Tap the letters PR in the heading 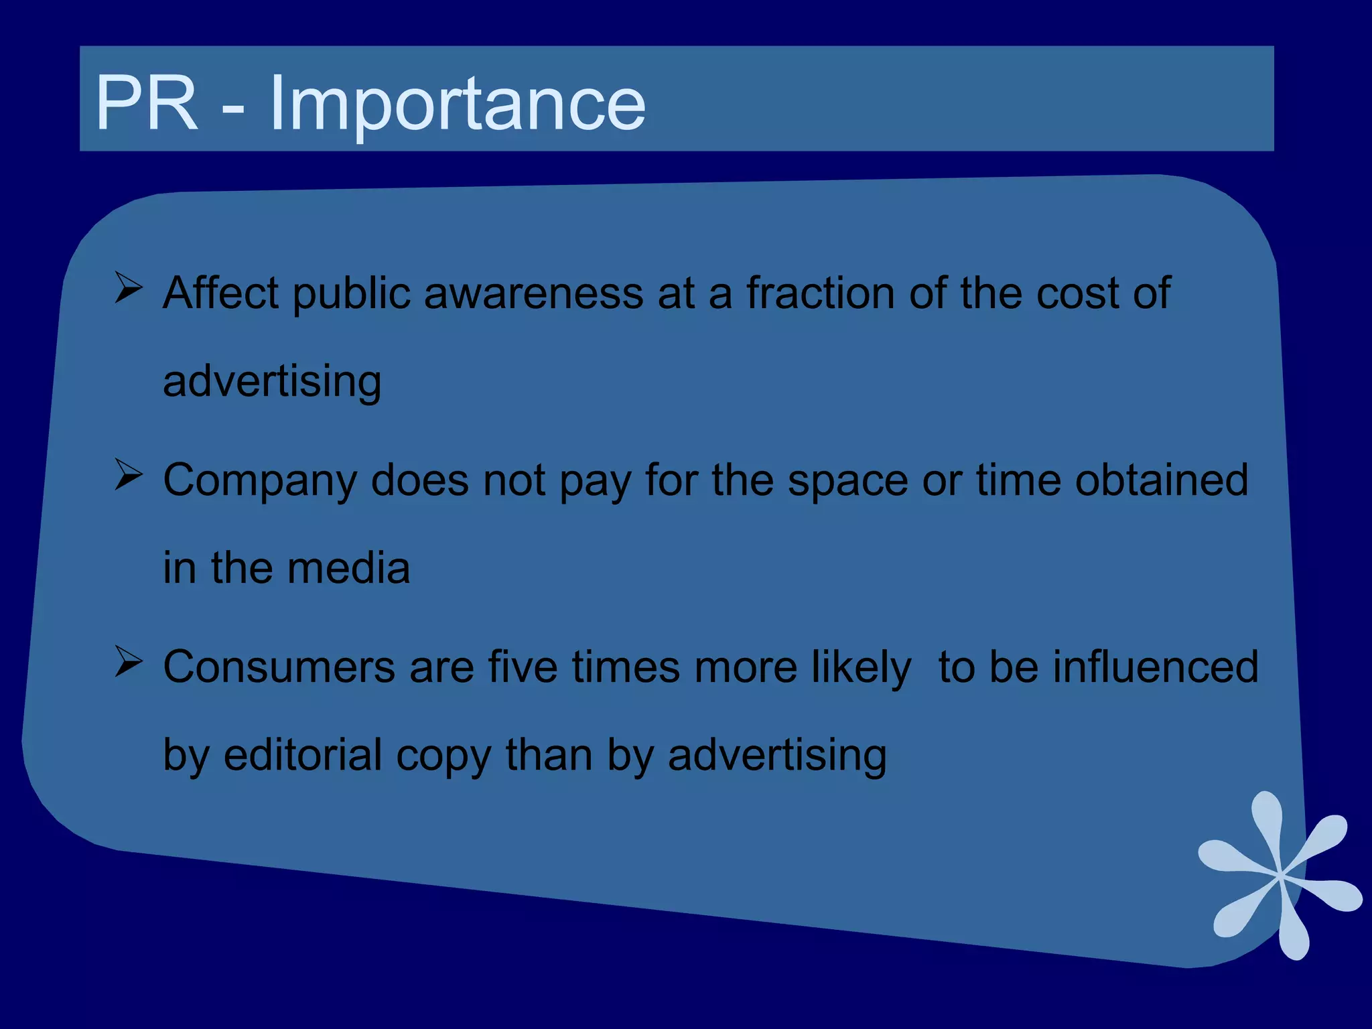[x=147, y=104]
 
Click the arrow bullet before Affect [x=128, y=288]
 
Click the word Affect [x=221, y=293]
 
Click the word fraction [x=821, y=293]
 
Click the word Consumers [x=279, y=668]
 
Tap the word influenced [x=1155, y=667]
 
